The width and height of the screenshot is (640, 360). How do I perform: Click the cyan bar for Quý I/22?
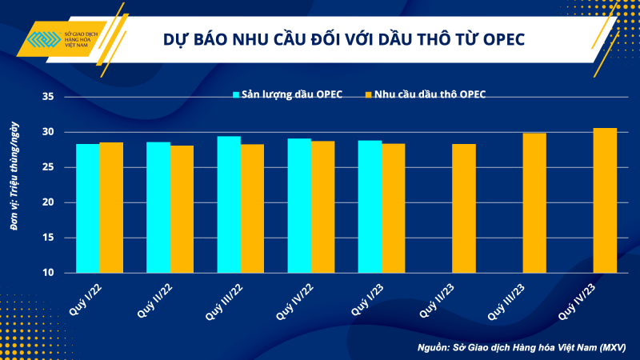click(87, 208)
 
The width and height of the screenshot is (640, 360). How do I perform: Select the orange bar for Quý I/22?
click(110, 207)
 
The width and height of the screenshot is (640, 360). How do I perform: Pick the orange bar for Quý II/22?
click(182, 209)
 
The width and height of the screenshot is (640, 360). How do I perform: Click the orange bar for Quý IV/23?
click(606, 200)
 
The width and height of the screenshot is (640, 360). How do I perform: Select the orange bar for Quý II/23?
click(464, 208)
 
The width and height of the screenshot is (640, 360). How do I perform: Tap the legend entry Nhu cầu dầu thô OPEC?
click(431, 94)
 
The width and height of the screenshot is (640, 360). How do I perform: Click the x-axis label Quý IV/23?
click(579, 300)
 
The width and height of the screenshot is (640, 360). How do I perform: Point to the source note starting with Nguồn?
click(521, 347)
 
